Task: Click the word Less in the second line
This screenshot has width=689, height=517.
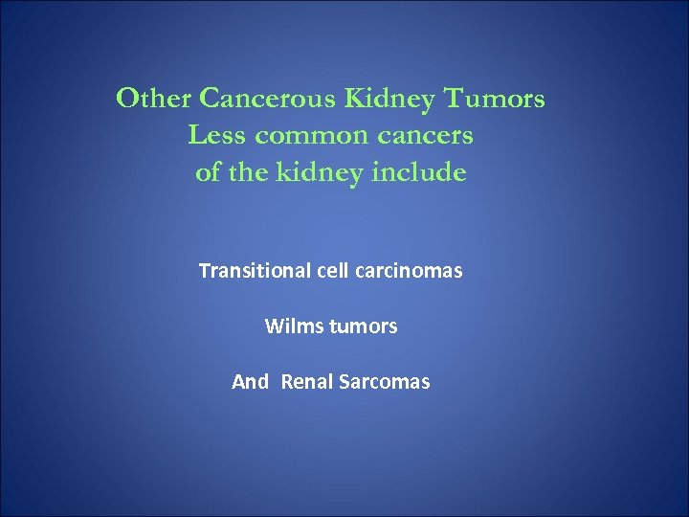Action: pos(215,136)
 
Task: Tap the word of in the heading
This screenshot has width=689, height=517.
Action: pos(208,173)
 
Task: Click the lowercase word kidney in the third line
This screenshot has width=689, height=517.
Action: pos(322,173)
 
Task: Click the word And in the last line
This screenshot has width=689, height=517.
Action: pos(250,382)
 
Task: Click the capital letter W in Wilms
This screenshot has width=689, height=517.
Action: pos(273,326)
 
